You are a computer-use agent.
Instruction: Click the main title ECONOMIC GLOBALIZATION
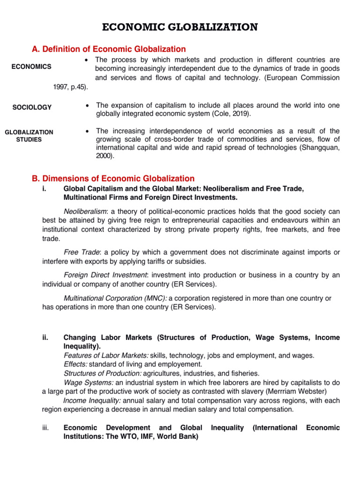[x=180, y=27]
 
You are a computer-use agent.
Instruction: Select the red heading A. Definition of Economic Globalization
[x=108, y=49]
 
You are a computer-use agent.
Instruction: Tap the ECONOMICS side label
[x=31, y=67]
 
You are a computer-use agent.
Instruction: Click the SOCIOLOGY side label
[x=32, y=107]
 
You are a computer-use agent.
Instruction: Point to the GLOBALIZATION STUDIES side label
[x=29, y=135]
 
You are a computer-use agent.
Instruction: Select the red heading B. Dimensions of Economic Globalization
[x=112, y=179]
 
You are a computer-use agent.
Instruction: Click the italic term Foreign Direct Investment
[x=106, y=275]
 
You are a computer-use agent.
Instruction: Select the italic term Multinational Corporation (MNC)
[x=115, y=298]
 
